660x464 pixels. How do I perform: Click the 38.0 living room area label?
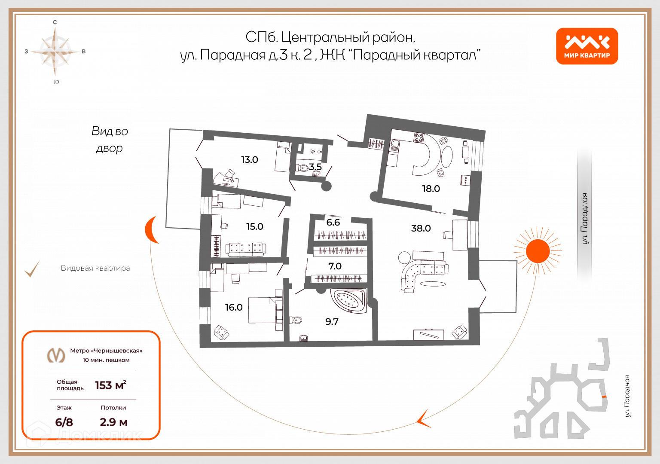(421, 228)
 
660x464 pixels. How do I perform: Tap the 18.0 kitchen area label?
(431, 189)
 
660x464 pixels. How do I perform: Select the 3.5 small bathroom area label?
(315, 167)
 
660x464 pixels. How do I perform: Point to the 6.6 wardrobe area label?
(333, 222)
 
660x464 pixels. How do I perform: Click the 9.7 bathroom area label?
(332, 321)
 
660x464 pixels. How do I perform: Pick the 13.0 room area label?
(249, 160)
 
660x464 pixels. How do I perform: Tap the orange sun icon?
(538, 251)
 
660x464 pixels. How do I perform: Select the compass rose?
(55, 52)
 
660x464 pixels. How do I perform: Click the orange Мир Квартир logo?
(587, 46)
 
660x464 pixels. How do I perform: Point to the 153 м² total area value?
(110, 385)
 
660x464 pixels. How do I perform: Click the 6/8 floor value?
(64, 422)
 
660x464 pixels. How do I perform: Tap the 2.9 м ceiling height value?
(113, 422)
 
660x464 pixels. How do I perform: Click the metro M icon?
(56, 355)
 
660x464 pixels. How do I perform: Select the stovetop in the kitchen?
(419, 138)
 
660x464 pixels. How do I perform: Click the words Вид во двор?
(110, 140)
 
